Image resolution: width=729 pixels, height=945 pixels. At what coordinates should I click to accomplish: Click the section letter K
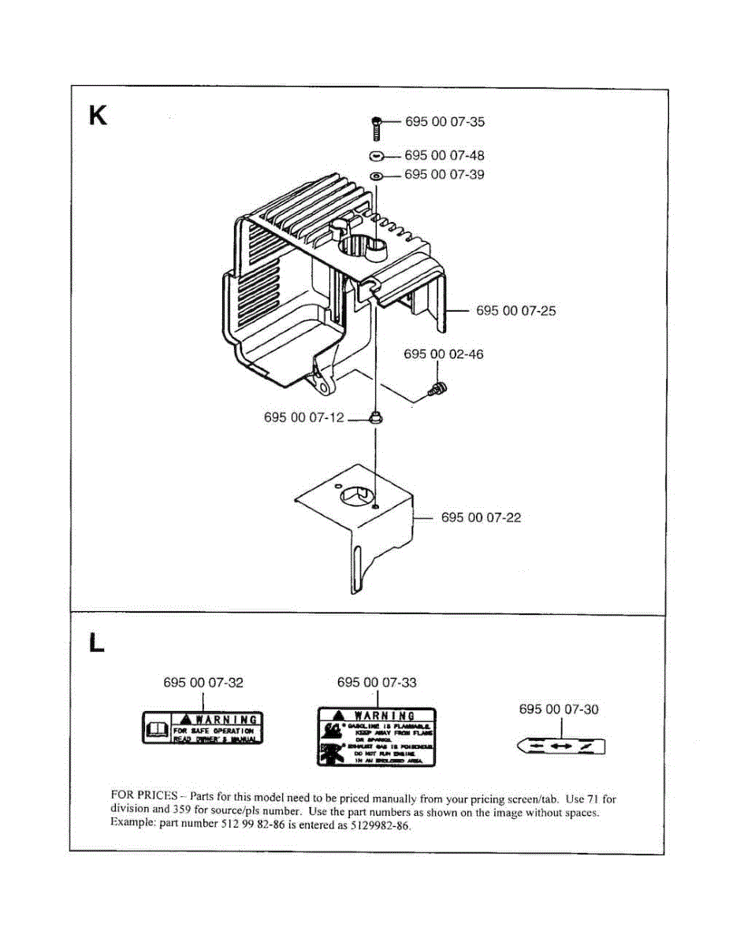[99, 116]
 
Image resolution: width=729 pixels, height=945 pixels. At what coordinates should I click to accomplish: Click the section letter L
[96, 643]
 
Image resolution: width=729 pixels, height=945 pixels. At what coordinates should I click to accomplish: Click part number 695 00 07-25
[515, 311]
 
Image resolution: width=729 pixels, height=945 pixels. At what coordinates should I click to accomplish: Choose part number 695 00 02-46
[444, 354]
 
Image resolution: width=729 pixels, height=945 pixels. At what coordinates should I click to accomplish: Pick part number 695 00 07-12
[303, 418]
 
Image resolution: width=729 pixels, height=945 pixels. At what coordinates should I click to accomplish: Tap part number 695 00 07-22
[481, 518]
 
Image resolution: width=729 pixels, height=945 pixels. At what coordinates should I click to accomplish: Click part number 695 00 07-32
[203, 683]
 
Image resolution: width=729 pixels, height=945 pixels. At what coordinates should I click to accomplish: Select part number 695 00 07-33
[377, 683]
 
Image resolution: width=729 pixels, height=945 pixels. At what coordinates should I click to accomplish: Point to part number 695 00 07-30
[558, 710]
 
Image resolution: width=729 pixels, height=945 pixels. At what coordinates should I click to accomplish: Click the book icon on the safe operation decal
[156, 729]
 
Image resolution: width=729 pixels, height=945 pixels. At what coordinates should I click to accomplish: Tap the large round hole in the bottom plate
[356, 496]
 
